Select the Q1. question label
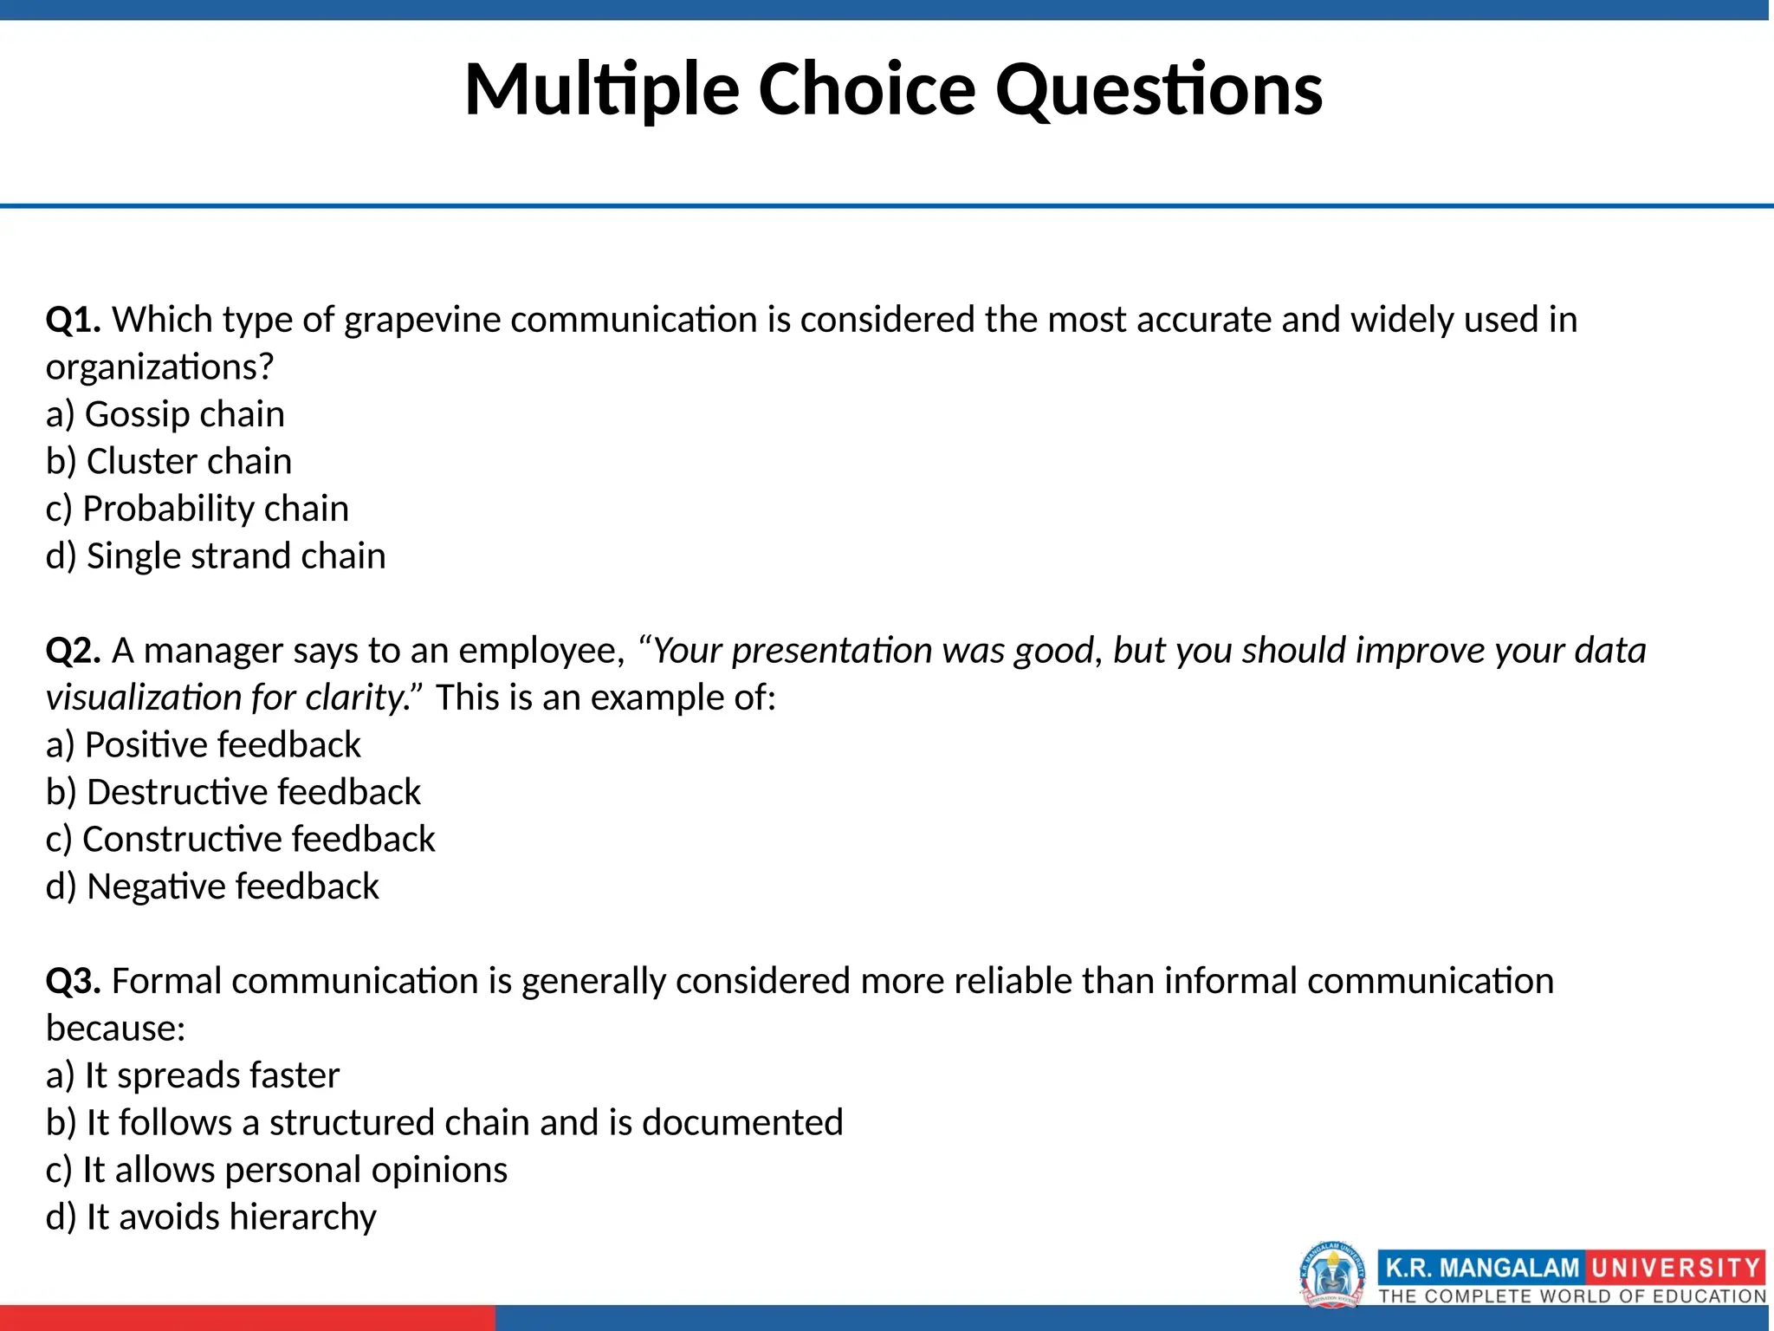(74, 320)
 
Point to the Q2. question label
(74, 651)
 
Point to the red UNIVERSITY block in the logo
(1674, 1269)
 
